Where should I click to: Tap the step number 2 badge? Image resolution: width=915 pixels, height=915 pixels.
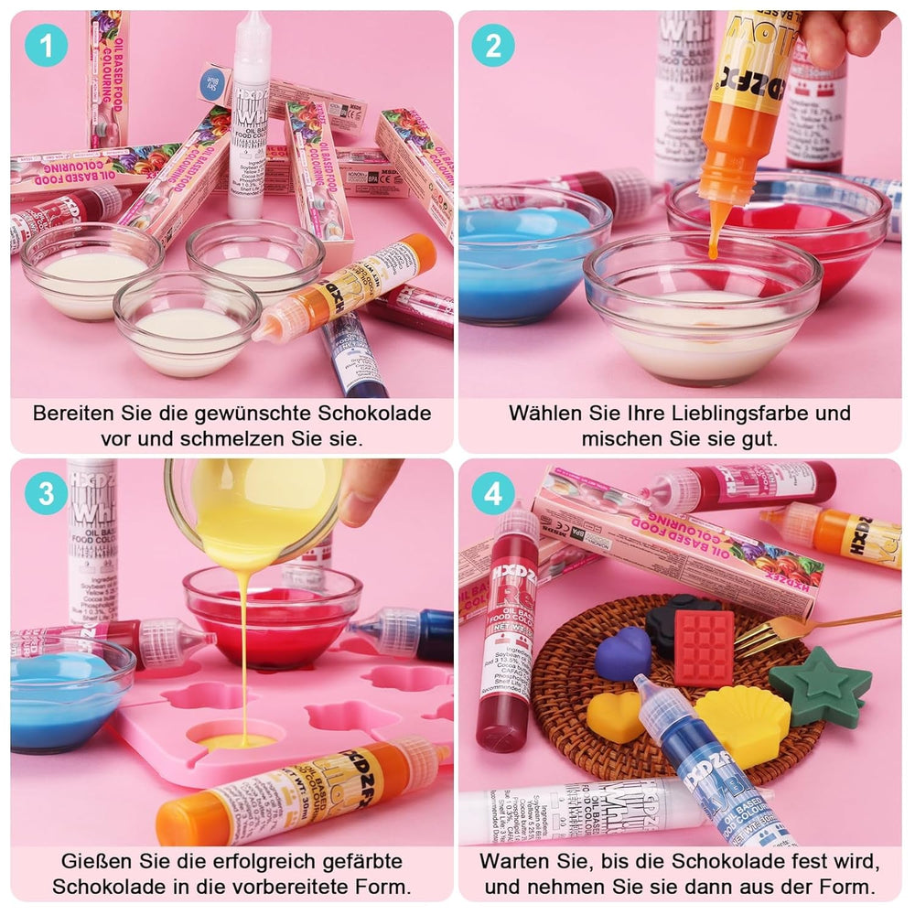[493, 46]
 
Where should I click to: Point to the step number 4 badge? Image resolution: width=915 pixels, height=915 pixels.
[493, 494]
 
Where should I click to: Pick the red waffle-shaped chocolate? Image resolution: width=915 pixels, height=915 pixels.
[704, 647]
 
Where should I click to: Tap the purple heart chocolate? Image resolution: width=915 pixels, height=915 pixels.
[623, 653]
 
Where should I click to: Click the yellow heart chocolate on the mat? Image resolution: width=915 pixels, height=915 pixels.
[615, 716]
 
